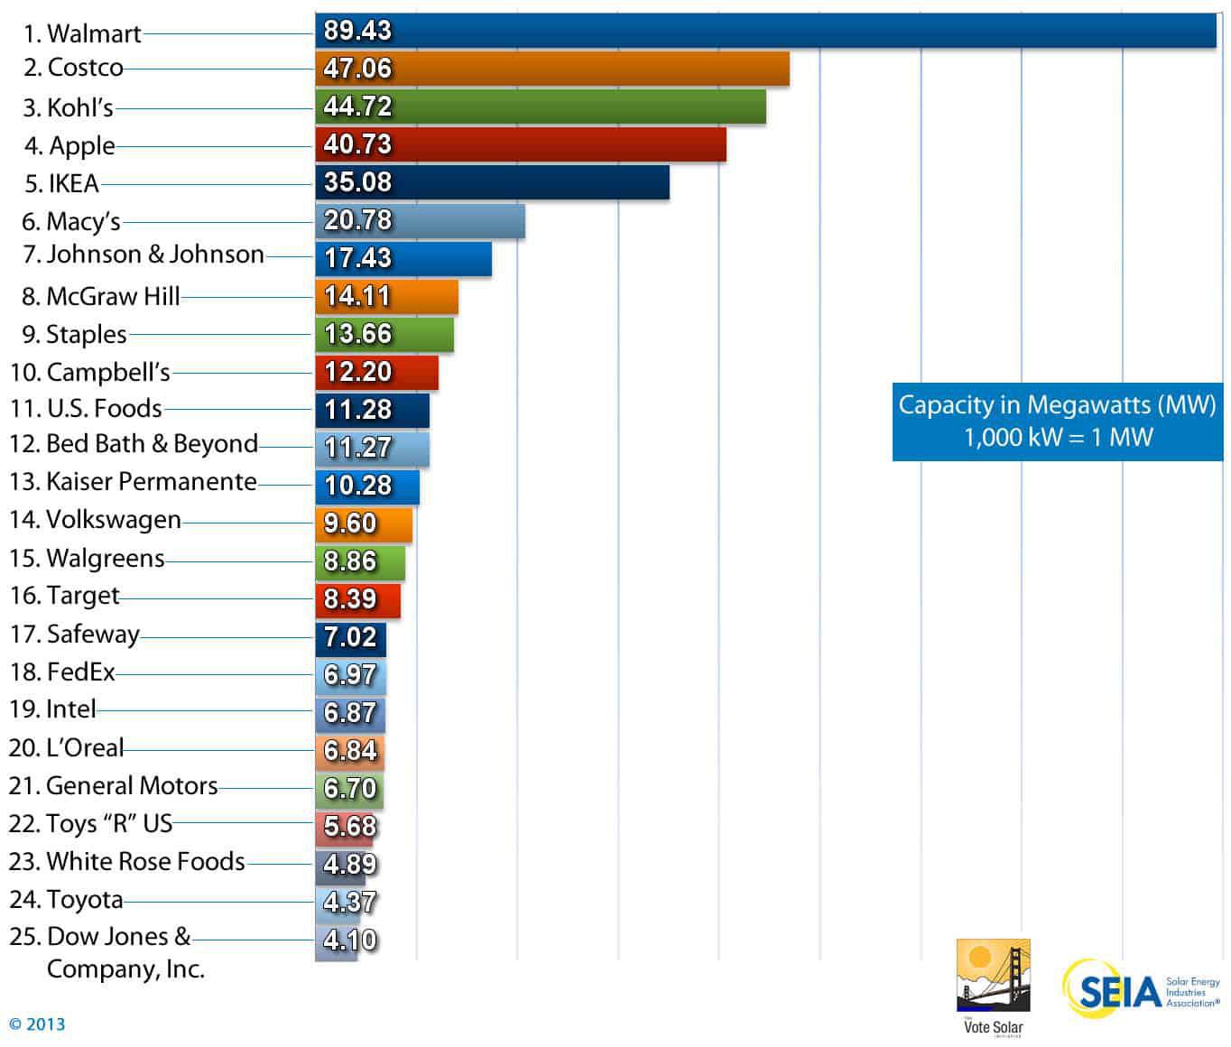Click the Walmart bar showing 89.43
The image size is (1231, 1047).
(x=765, y=31)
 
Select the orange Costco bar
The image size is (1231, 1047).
(x=552, y=69)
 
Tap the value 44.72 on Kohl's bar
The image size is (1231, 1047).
(x=357, y=107)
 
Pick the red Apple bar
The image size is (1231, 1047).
(x=521, y=144)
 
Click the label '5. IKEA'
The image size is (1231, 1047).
(x=61, y=183)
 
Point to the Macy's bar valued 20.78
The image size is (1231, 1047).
(x=420, y=220)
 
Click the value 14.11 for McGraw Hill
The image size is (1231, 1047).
(x=357, y=296)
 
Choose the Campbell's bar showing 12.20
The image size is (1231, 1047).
(x=376, y=372)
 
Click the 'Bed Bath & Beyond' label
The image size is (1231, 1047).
(x=134, y=444)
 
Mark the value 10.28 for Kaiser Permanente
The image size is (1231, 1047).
(x=357, y=486)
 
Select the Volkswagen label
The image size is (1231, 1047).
(x=95, y=520)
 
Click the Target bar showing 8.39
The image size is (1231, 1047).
(x=357, y=599)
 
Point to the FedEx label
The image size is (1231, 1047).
(x=62, y=672)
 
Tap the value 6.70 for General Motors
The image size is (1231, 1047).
(x=350, y=789)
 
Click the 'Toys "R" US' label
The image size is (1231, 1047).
(x=90, y=824)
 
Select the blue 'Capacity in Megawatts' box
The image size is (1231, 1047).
(x=1057, y=421)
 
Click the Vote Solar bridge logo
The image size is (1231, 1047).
(x=993, y=977)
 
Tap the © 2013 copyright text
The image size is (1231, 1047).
(x=37, y=1024)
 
